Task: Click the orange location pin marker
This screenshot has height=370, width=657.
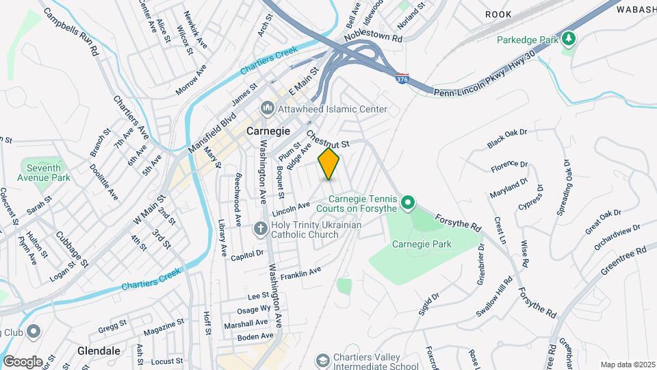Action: tap(329, 164)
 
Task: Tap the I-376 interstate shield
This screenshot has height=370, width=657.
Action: tap(402, 80)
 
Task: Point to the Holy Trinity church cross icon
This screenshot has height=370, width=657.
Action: tap(260, 229)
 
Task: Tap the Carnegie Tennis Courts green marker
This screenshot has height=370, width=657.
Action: tap(408, 203)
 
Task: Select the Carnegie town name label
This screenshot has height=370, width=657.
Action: tap(268, 130)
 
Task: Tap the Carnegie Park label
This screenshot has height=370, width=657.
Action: tap(422, 243)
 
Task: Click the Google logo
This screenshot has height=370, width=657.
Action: tap(23, 361)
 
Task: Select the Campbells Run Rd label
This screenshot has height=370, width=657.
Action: tap(68, 32)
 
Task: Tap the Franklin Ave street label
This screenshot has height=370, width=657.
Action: tap(300, 273)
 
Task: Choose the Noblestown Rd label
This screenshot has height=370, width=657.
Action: tap(373, 41)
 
